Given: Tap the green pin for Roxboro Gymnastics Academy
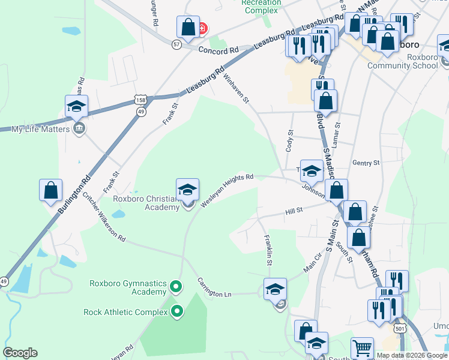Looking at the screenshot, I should click(x=176, y=287).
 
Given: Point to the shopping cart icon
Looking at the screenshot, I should click(x=361, y=348).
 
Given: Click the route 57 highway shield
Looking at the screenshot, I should click(x=176, y=44).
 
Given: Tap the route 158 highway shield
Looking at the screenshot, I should click(x=140, y=100).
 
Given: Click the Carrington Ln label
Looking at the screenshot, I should click(x=215, y=289).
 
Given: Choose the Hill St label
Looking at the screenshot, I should click(x=294, y=211).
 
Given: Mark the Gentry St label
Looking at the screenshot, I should click(x=366, y=163).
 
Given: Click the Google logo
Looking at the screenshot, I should click(x=20, y=353).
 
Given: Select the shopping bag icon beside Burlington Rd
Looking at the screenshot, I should click(x=50, y=190).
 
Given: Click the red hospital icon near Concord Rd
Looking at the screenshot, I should click(x=203, y=28).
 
